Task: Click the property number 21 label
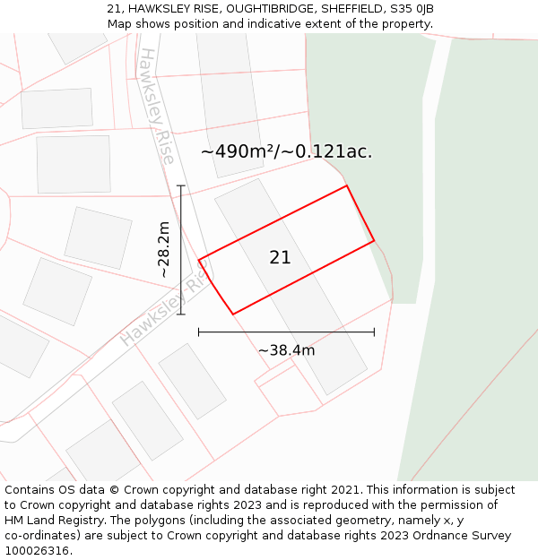[280, 257]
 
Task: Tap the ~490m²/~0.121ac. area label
[286, 151]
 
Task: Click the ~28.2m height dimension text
[163, 249]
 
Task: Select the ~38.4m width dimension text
[286, 350]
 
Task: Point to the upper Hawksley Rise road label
[156, 106]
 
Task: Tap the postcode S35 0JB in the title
[412, 9]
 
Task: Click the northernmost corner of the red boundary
[346, 186]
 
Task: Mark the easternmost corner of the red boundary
[374, 240]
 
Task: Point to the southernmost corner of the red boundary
[233, 314]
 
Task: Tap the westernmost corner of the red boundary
[199, 261]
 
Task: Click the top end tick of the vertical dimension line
[181, 186]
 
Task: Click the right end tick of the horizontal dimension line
[374, 332]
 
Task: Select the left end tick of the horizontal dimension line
[199, 332]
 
